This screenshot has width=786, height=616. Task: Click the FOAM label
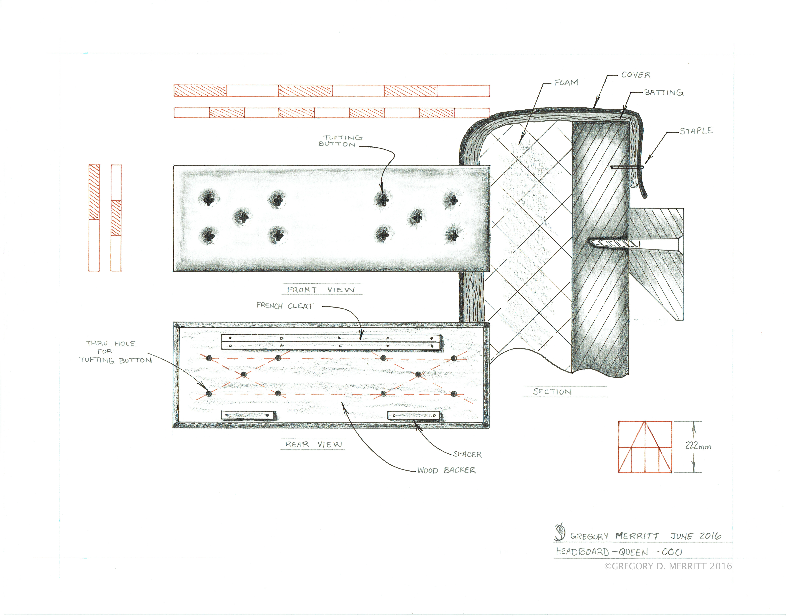(566, 83)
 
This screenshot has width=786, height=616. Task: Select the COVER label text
(636, 75)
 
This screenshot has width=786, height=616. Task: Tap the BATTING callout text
(664, 93)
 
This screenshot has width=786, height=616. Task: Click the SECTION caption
(552, 392)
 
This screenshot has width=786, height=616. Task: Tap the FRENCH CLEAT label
(285, 306)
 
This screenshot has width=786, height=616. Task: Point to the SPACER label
(467, 454)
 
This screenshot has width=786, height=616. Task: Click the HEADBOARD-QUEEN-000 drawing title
(619, 552)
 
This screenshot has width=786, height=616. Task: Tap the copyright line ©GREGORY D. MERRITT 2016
(668, 566)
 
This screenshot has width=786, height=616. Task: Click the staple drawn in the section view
(627, 167)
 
